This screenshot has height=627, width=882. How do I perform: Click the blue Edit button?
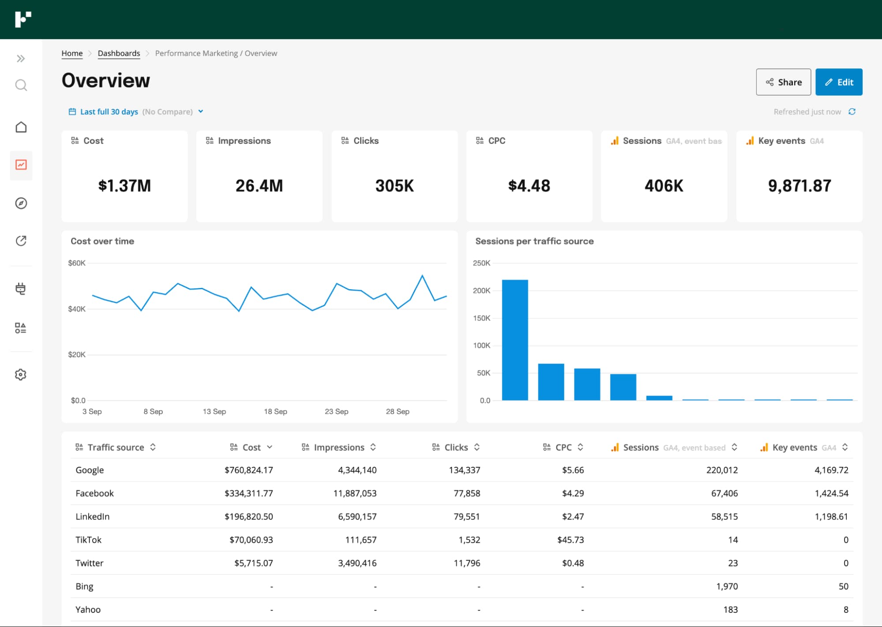[838, 82]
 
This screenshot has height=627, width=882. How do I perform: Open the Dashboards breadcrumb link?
[119, 53]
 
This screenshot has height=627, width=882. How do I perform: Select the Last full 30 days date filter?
[109, 112]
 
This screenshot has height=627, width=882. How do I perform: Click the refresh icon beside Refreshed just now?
[852, 112]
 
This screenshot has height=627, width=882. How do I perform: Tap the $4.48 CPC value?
[529, 186]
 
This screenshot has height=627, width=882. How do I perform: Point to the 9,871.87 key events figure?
[799, 186]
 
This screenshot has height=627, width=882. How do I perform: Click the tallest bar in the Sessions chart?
[515, 340]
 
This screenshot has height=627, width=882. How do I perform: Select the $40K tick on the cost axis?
[77, 309]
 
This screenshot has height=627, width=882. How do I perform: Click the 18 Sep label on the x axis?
[275, 411]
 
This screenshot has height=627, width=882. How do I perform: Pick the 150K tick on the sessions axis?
[481, 318]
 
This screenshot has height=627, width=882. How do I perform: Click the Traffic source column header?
[116, 447]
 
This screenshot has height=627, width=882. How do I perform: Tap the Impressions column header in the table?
[339, 447]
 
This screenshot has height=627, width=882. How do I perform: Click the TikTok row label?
[88, 540]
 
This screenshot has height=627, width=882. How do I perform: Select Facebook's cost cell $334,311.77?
[248, 493]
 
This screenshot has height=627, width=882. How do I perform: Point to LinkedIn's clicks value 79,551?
[466, 516]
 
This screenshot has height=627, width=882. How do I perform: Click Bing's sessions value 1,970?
[727, 586]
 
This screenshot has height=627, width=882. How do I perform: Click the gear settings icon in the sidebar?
[21, 374]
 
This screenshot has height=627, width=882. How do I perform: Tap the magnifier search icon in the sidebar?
[21, 85]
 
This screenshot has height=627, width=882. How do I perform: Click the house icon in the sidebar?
[21, 127]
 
